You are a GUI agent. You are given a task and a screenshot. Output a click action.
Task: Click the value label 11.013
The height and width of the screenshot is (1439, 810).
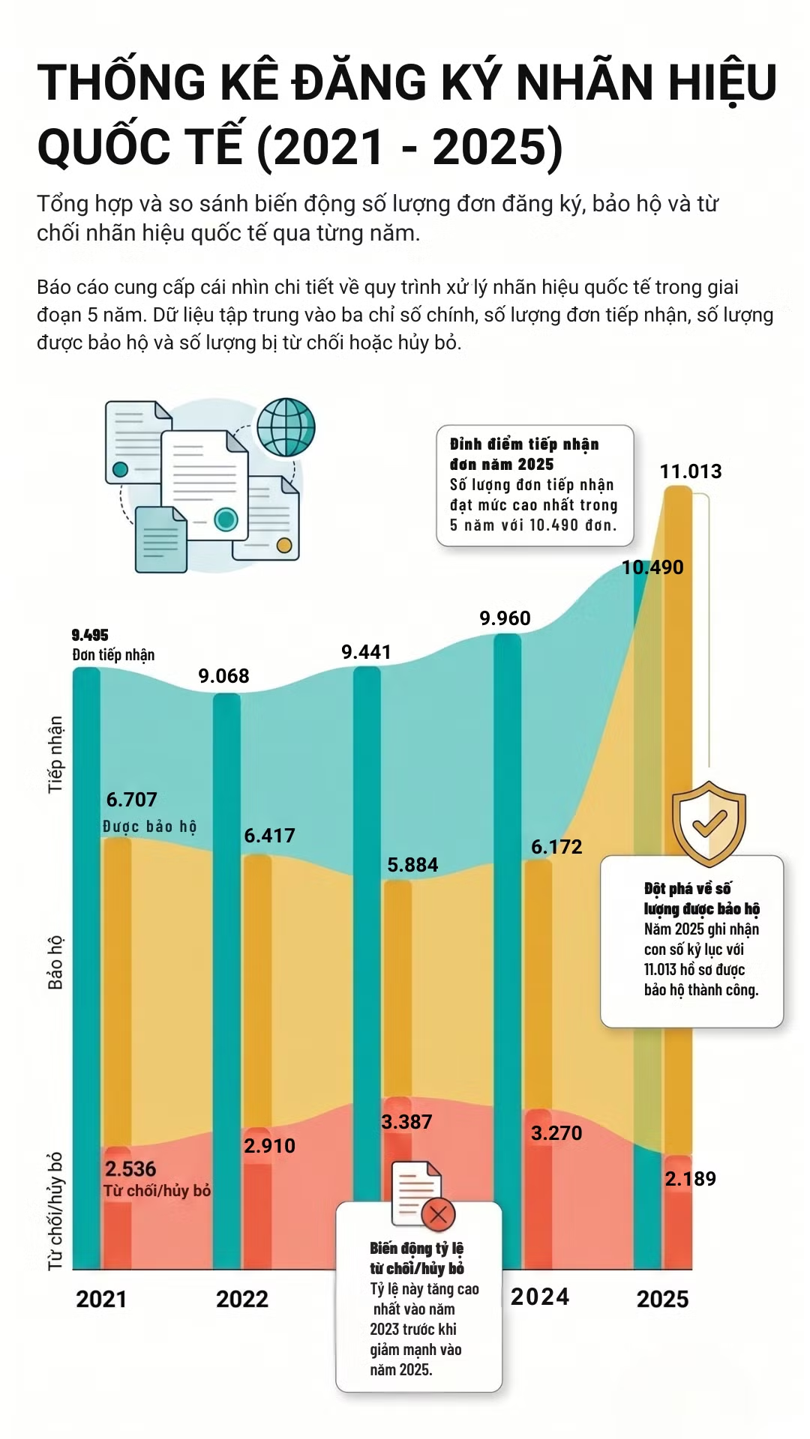click(x=690, y=471)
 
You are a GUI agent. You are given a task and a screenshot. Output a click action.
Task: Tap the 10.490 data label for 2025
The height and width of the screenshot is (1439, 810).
click(x=652, y=567)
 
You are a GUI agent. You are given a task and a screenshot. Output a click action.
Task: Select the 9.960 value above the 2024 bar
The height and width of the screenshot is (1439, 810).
click(x=505, y=618)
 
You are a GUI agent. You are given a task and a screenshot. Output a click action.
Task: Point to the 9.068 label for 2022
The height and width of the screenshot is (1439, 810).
click(x=223, y=676)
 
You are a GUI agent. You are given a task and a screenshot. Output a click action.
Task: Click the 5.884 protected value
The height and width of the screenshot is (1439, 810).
click(x=412, y=865)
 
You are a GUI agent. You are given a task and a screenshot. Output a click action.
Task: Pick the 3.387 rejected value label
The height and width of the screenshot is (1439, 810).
click(x=406, y=1122)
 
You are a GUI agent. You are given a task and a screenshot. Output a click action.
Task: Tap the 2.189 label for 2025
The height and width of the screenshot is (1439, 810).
click(x=690, y=1179)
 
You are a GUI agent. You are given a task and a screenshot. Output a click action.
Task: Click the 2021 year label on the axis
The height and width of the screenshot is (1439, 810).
click(x=101, y=1299)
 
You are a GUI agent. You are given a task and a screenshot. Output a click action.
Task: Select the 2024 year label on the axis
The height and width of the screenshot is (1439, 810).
click(x=540, y=1297)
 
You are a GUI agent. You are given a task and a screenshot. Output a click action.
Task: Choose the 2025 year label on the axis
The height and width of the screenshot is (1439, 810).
click(x=662, y=1299)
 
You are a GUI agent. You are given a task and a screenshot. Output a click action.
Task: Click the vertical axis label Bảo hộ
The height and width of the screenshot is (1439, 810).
click(x=55, y=962)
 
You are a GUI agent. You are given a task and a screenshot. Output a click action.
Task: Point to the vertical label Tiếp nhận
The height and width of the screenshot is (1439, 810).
click(x=55, y=754)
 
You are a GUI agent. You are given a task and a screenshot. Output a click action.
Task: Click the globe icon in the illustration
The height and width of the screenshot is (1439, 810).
click(x=286, y=427)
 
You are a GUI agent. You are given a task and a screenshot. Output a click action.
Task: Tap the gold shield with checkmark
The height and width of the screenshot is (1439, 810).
click(x=709, y=823)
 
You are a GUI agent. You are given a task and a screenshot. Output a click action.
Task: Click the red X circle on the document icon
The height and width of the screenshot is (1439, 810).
click(x=439, y=1214)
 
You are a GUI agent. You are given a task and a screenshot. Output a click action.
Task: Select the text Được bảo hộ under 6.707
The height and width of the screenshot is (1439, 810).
click(x=149, y=826)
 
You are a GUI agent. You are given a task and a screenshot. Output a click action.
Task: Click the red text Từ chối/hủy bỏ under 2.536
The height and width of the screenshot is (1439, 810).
click(x=157, y=1191)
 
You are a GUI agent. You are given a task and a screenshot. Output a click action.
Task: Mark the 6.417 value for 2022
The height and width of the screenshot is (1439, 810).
click(x=269, y=836)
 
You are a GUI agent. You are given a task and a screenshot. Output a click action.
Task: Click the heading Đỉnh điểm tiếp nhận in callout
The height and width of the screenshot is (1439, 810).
click(x=524, y=444)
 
